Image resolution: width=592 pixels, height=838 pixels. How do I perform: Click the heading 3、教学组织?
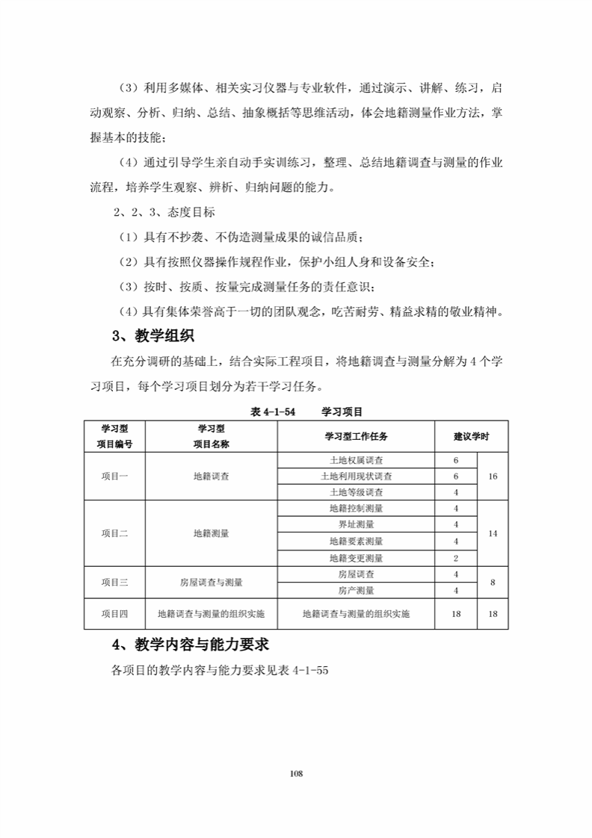tap(152, 336)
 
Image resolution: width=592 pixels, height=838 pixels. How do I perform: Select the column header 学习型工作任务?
tap(356, 436)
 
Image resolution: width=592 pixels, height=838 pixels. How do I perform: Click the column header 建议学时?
tap(471, 436)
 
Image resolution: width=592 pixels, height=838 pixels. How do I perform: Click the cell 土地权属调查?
tap(356, 460)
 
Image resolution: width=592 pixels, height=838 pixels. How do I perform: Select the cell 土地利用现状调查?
tap(356, 477)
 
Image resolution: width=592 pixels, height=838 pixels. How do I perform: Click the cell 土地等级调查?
tap(356, 493)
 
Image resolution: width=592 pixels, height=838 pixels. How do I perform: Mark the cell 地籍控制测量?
tap(356, 509)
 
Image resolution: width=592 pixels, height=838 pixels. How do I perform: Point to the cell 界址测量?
tap(356, 525)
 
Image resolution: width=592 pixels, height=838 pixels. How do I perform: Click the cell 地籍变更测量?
tap(356, 558)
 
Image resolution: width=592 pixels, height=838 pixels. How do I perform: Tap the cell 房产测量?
tap(356, 591)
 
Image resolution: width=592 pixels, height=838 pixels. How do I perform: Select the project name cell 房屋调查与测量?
tap(211, 583)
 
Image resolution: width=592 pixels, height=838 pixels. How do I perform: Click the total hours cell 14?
tap(493, 533)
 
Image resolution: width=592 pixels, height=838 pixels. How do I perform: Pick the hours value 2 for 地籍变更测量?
tap(455, 558)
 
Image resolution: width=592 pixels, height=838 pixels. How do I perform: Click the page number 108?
tap(296, 773)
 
